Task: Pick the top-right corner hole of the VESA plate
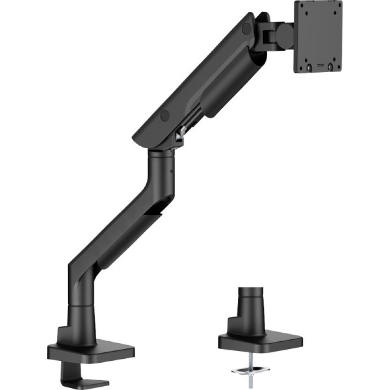336,5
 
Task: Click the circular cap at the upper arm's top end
246,28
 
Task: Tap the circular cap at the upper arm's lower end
165,115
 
